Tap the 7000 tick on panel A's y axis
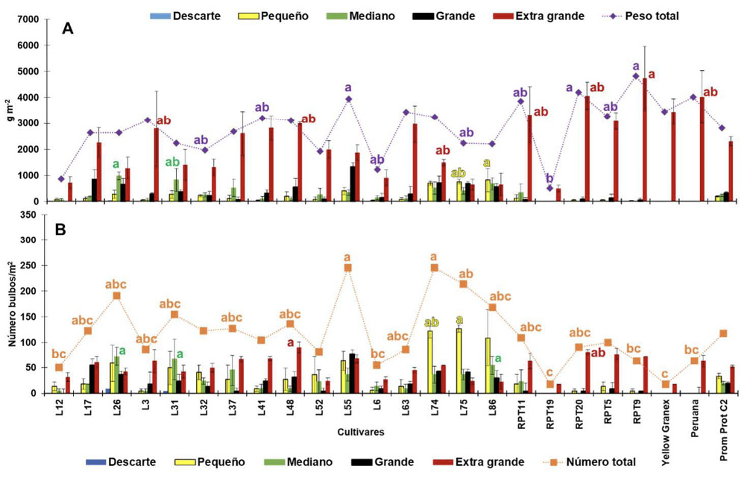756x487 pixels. coord(29,19)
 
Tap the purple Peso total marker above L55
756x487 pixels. coord(348,99)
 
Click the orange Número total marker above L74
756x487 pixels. coord(435,268)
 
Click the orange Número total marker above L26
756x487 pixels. coord(116,296)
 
